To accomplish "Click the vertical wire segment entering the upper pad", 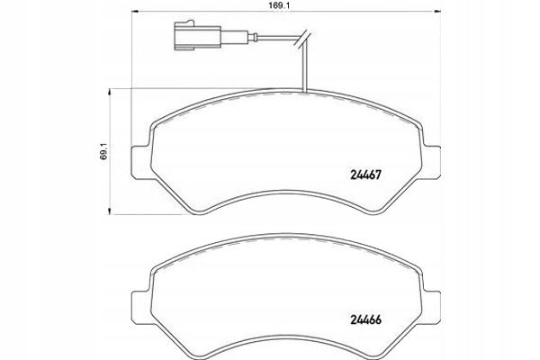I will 306,67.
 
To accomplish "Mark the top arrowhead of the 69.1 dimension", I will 112,88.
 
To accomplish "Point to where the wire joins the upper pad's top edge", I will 306,92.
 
